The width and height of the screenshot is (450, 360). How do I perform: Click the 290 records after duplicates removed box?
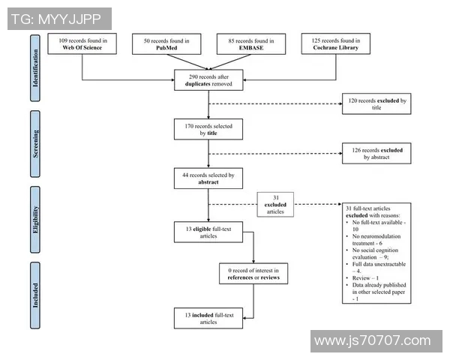(208, 80)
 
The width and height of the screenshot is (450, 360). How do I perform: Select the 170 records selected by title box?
(208, 130)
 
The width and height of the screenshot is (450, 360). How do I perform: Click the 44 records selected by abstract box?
(208, 178)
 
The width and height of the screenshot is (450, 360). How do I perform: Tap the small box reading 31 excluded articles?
(275, 203)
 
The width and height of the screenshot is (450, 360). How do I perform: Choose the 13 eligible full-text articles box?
(208, 231)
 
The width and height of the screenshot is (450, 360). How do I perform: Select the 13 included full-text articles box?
(208, 317)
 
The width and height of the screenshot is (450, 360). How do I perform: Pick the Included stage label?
(34, 295)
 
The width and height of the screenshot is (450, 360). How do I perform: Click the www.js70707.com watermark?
(373, 341)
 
